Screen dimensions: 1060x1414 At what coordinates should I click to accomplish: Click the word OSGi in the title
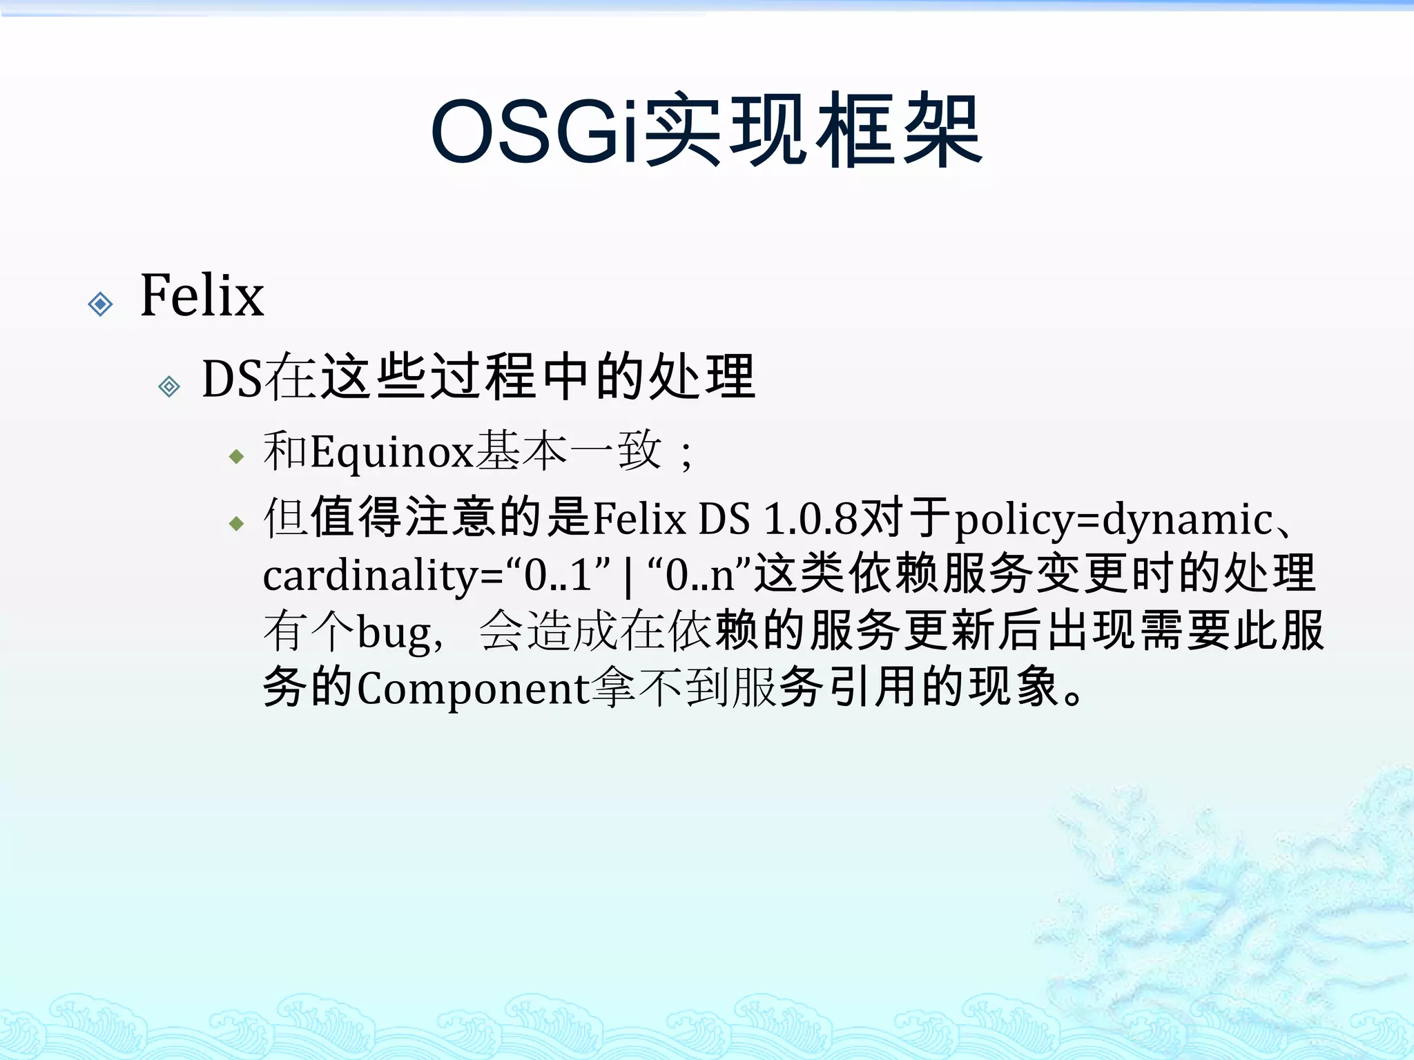535,131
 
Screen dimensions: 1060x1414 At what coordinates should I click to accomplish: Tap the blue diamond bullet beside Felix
101,304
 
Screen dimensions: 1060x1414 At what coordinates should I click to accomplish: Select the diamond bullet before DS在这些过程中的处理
169,386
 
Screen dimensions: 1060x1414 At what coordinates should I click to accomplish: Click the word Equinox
391,453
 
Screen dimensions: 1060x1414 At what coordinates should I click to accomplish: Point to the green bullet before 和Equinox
237,457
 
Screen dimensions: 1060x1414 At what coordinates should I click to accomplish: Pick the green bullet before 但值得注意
237,524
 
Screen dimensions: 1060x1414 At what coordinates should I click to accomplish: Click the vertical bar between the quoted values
628,577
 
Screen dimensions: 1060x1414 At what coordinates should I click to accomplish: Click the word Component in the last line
473,688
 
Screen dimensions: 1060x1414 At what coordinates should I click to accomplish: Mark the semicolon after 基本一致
686,455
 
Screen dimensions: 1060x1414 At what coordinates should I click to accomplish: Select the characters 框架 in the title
898,131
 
